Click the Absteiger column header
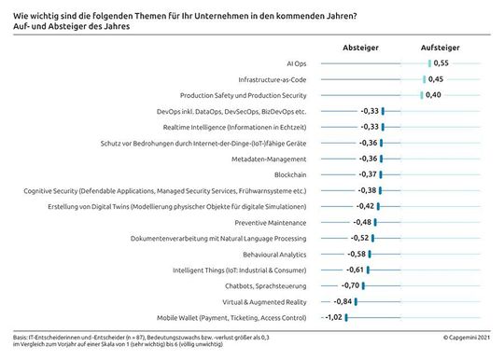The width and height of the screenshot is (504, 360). [x=360, y=46]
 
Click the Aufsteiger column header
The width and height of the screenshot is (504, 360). [x=439, y=46]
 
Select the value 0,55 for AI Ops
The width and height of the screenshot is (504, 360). [x=442, y=63]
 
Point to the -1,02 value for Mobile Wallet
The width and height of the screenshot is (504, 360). [x=332, y=317]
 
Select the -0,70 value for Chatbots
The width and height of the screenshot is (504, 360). [x=351, y=285]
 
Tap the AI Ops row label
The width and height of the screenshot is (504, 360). [x=296, y=63]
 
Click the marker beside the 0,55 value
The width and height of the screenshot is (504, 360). [x=429, y=63]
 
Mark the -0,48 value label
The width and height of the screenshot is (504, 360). [x=364, y=222]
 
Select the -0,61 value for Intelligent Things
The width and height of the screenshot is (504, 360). [x=357, y=270]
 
